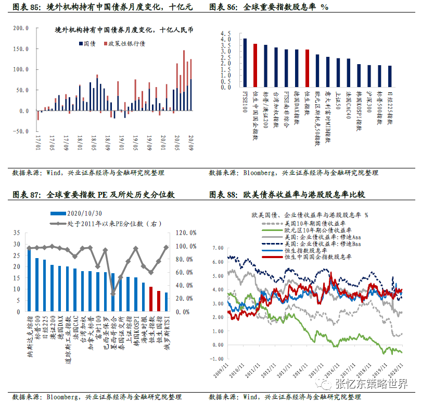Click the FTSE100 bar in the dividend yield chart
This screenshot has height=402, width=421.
245,63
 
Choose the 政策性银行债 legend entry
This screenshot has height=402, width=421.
124,43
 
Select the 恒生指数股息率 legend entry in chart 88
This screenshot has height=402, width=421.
296,250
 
